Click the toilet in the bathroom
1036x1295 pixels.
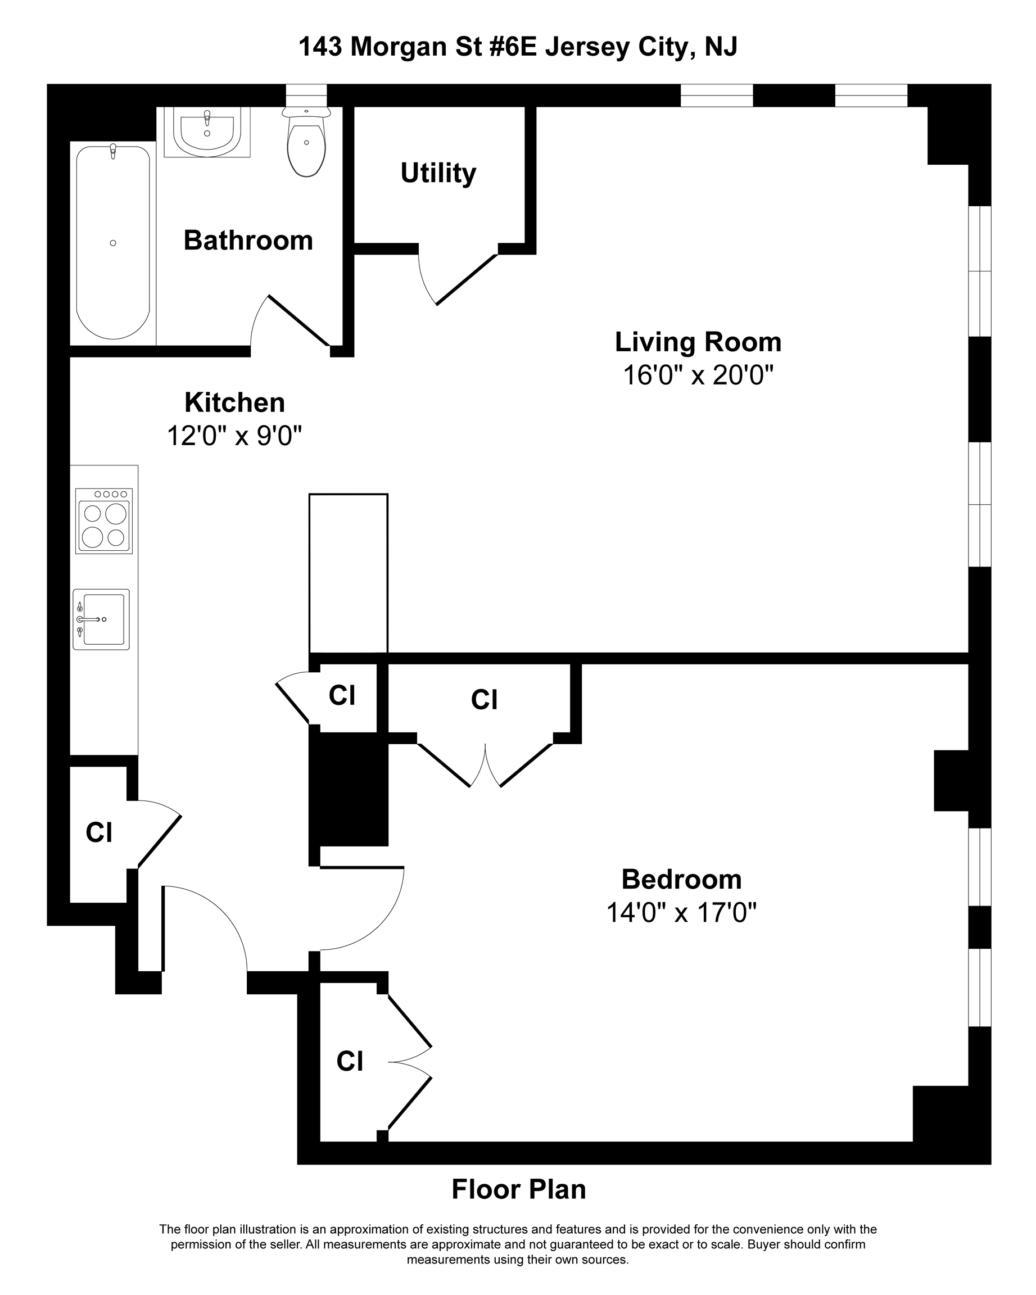click(306, 142)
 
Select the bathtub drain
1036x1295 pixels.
click(113, 243)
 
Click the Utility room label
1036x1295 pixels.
click(438, 173)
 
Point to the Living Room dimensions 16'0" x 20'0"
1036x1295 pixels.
click(698, 375)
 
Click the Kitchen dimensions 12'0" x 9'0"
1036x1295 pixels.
click(234, 436)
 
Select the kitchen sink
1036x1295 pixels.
click(101, 619)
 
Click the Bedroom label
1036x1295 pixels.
click(682, 879)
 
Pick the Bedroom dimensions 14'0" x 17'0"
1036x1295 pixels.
click(681, 913)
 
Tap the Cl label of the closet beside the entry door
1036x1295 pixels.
click(99, 832)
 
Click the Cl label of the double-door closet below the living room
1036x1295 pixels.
click(484, 700)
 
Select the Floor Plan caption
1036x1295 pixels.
click(519, 1189)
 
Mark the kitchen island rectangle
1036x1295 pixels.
click(349, 573)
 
